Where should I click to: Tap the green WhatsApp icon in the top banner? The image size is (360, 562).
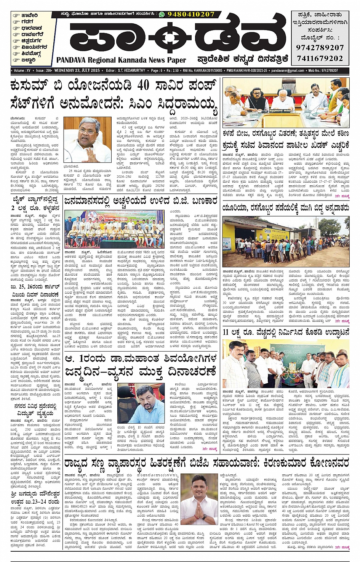pos(162,14)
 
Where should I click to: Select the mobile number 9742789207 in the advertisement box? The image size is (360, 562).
pos(320,48)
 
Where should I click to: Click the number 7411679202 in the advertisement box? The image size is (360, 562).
pos(320,58)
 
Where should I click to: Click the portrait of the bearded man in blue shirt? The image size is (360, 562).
pos(141,404)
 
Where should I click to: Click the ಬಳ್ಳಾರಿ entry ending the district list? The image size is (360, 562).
pos(29,60)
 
